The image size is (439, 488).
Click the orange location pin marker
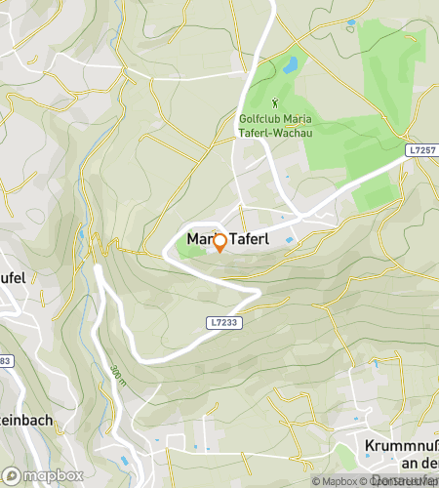[x=219, y=243]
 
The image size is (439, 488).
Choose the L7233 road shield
[x=221, y=320]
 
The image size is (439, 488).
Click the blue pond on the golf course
[x=290, y=66]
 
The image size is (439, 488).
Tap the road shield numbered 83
[x=5, y=362]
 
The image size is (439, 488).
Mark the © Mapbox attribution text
[x=334, y=481]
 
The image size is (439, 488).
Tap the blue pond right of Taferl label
[x=290, y=236]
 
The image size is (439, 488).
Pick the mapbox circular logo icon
[x=12, y=476]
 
